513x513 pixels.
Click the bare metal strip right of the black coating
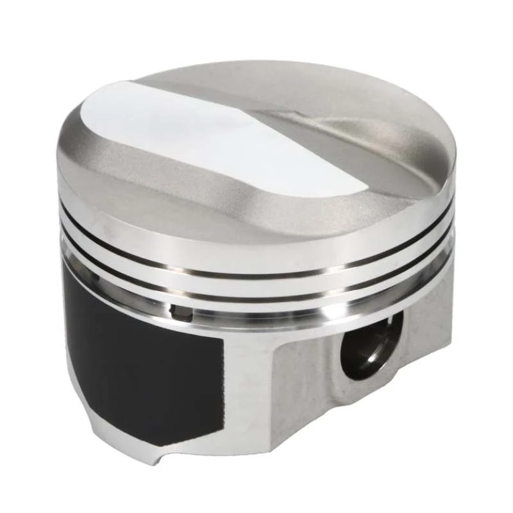[x=247, y=385]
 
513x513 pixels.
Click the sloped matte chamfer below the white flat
[x=192, y=186]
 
